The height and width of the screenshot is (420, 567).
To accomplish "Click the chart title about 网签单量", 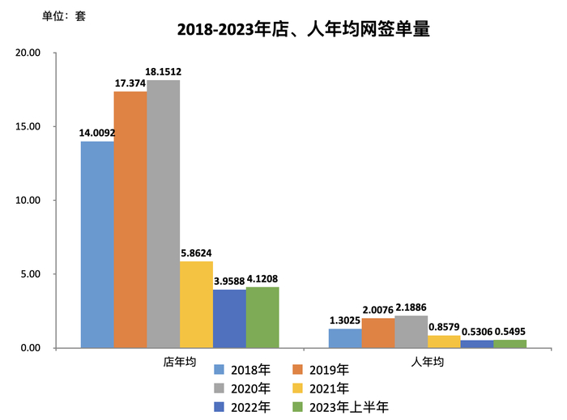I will point(302,31).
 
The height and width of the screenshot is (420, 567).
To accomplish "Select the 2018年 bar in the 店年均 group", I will point(97,244).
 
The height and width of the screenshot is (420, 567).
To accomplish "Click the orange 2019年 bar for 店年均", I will point(130,219).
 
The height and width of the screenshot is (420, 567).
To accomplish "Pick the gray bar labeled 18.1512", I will point(163,214).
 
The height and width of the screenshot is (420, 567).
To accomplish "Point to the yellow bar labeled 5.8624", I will point(196,304).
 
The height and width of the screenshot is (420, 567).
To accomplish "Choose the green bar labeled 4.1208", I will point(262,317).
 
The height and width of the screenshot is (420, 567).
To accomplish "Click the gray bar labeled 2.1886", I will point(411,332).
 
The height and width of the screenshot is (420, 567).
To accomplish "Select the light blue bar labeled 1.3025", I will point(345,338).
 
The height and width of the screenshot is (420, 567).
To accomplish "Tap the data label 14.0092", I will point(97,133).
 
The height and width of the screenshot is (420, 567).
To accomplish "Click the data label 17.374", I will point(130,83).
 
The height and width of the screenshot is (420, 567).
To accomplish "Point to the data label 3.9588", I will point(228,281).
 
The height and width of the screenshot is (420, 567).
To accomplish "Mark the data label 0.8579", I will point(444,327).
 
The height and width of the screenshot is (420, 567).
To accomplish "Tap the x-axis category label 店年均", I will point(179,362).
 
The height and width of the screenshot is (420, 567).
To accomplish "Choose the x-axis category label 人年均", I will point(428,362).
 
